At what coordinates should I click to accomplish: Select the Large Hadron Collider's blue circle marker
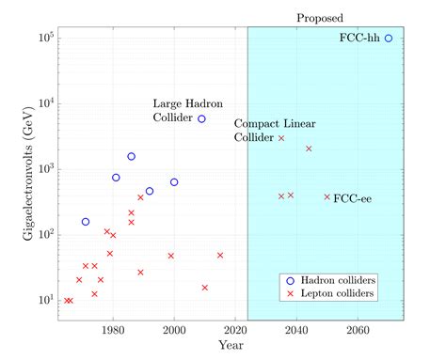click(201, 119)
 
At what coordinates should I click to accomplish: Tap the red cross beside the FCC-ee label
click(327, 197)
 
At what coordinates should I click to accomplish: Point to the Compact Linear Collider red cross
click(281, 138)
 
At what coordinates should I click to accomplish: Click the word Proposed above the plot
click(320, 17)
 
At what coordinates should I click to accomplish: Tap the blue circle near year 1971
click(86, 222)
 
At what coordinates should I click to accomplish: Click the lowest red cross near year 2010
click(205, 288)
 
